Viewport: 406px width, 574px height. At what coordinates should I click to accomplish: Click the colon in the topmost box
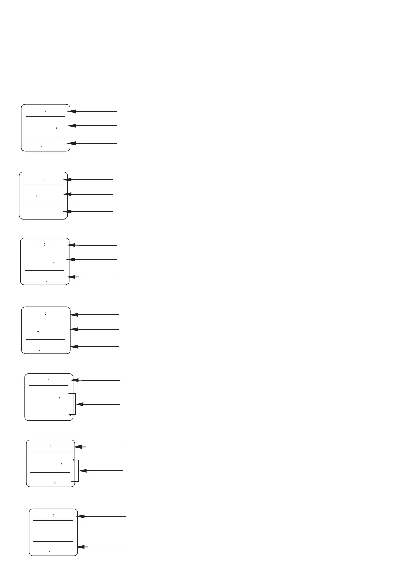tap(45, 111)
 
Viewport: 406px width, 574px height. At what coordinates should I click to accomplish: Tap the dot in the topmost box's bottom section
tap(41, 147)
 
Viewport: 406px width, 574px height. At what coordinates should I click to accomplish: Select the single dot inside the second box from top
tap(36, 196)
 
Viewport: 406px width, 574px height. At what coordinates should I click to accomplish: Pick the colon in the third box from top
tap(45, 244)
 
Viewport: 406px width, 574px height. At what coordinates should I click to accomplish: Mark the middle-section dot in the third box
tap(54, 262)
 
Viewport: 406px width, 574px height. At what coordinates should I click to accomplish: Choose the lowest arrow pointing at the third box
tap(92, 277)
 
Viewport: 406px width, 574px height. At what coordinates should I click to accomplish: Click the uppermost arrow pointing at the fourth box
tap(94, 315)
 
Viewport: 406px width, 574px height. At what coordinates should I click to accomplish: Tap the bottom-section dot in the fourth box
tap(39, 350)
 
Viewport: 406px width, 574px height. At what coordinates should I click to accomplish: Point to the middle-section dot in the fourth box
tap(38, 331)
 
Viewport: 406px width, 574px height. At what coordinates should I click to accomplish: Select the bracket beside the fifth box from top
tap(75, 404)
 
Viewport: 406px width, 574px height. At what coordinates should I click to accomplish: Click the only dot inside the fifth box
tap(59, 398)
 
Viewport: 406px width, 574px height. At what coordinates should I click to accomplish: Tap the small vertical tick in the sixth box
tap(55, 483)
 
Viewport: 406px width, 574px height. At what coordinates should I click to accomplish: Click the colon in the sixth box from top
tap(50, 446)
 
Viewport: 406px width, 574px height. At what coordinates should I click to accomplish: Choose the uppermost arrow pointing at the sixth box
tap(99, 447)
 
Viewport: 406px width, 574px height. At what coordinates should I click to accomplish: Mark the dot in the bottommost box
tap(49, 551)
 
